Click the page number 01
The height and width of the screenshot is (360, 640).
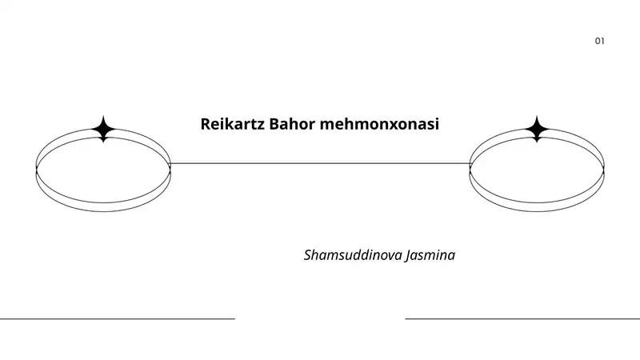(x=599, y=41)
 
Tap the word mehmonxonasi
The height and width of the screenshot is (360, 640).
(x=379, y=124)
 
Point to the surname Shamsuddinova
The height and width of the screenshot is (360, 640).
(x=353, y=255)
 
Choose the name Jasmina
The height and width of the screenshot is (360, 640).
(x=430, y=255)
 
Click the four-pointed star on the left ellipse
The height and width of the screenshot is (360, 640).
(x=103, y=129)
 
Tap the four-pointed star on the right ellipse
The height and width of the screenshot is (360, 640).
(x=537, y=129)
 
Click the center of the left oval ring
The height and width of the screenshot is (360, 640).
(x=103, y=170)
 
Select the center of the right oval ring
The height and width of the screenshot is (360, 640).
(x=537, y=170)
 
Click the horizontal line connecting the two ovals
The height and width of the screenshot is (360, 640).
(x=320, y=164)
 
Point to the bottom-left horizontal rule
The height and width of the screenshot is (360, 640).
(x=118, y=318)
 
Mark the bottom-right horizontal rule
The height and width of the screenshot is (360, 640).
(x=522, y=318)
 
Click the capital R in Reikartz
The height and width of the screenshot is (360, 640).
(x=206, y=124)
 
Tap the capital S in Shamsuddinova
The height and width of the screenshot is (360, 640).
(x=308, y=255)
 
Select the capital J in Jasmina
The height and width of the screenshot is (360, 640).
(x=408, y=256)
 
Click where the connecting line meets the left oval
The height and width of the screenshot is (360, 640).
(x=170, y=164)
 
